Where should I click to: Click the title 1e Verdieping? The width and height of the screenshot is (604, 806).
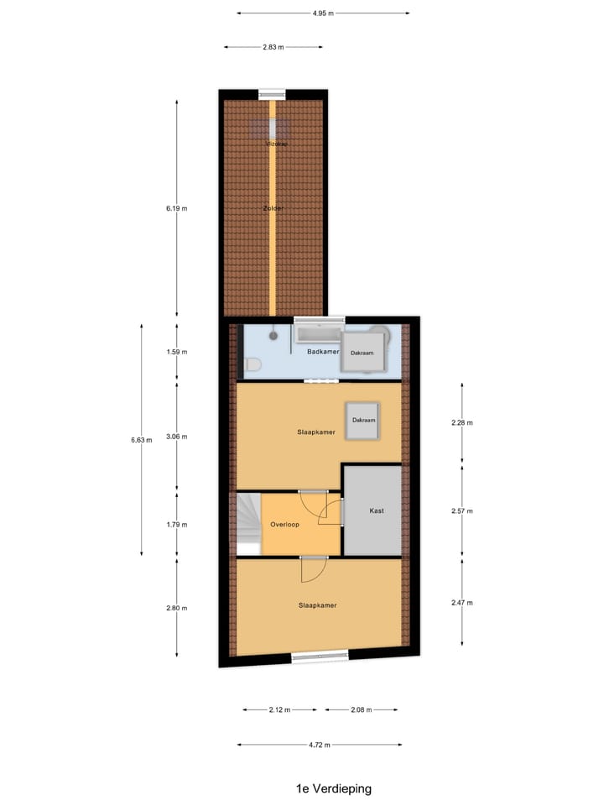coord(333,788)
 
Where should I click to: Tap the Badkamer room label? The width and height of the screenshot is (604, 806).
coord(322,352)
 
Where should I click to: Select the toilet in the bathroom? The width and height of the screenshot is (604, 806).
coord(253,364)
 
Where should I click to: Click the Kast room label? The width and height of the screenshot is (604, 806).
coord(377,510)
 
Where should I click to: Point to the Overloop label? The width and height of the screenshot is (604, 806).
coord(284,525)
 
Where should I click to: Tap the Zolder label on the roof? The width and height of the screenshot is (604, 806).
coord(273,207)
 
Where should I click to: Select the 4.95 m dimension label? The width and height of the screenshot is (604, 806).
coord(323,13)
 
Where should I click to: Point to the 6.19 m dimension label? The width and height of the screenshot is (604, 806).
coord(176,208)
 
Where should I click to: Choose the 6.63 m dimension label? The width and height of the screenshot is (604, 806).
coord(142,439)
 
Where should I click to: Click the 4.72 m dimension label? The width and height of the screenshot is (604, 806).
coord(319,745)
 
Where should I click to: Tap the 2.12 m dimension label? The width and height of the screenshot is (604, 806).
coord(279,710)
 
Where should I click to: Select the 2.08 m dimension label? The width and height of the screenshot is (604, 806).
coord(362,710)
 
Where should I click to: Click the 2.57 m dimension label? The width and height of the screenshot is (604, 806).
coord(462,510)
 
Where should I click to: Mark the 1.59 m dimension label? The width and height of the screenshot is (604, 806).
coord(176,353)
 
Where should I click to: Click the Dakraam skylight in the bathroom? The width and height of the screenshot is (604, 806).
coord(362,353)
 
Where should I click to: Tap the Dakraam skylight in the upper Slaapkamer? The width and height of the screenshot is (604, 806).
coord(363,420)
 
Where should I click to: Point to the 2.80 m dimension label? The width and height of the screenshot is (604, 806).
coord(176,608)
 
